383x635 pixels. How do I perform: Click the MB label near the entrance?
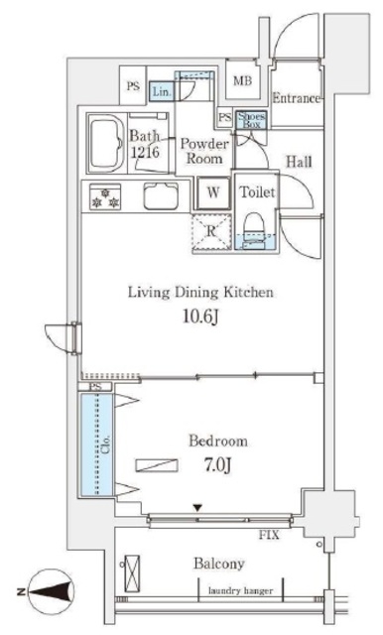[242, 81]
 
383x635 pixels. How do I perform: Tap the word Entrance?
[297, 98]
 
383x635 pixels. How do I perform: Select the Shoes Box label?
[251, 120]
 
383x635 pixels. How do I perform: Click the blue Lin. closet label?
[163, 91]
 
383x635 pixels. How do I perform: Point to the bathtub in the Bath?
[106, 143]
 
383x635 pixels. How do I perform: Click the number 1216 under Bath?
[145, 152]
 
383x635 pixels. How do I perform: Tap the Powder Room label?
[204, 151]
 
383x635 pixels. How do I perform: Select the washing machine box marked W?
[213, 192]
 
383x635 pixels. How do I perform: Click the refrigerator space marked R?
[211, 232]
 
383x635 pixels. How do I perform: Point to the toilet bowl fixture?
[254, 231]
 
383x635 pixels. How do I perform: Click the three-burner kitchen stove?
[105, 196]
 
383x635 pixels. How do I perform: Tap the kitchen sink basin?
[161, 196]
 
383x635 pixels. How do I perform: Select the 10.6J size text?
[201, 317]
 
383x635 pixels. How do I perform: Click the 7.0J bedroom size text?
[218, 465]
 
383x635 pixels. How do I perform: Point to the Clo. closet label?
[106, 444]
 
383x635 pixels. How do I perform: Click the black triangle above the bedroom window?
[197, 507]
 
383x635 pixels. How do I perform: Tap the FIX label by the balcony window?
[269, 535]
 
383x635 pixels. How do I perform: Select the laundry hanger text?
[240, 591]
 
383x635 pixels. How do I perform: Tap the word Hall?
[299, 162]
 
